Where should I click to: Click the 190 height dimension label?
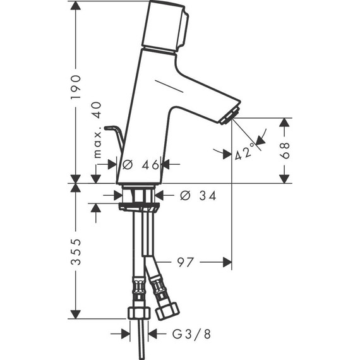(76, 87)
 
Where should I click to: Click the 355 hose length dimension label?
(76, 252)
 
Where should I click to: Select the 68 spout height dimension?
(285, 150)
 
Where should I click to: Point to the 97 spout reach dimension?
(185, 262)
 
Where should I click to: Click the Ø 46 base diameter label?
(140, 165)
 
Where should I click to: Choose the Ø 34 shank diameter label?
(198, 196)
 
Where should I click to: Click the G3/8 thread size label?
(191, 334)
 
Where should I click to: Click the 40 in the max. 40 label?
(97, 110)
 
